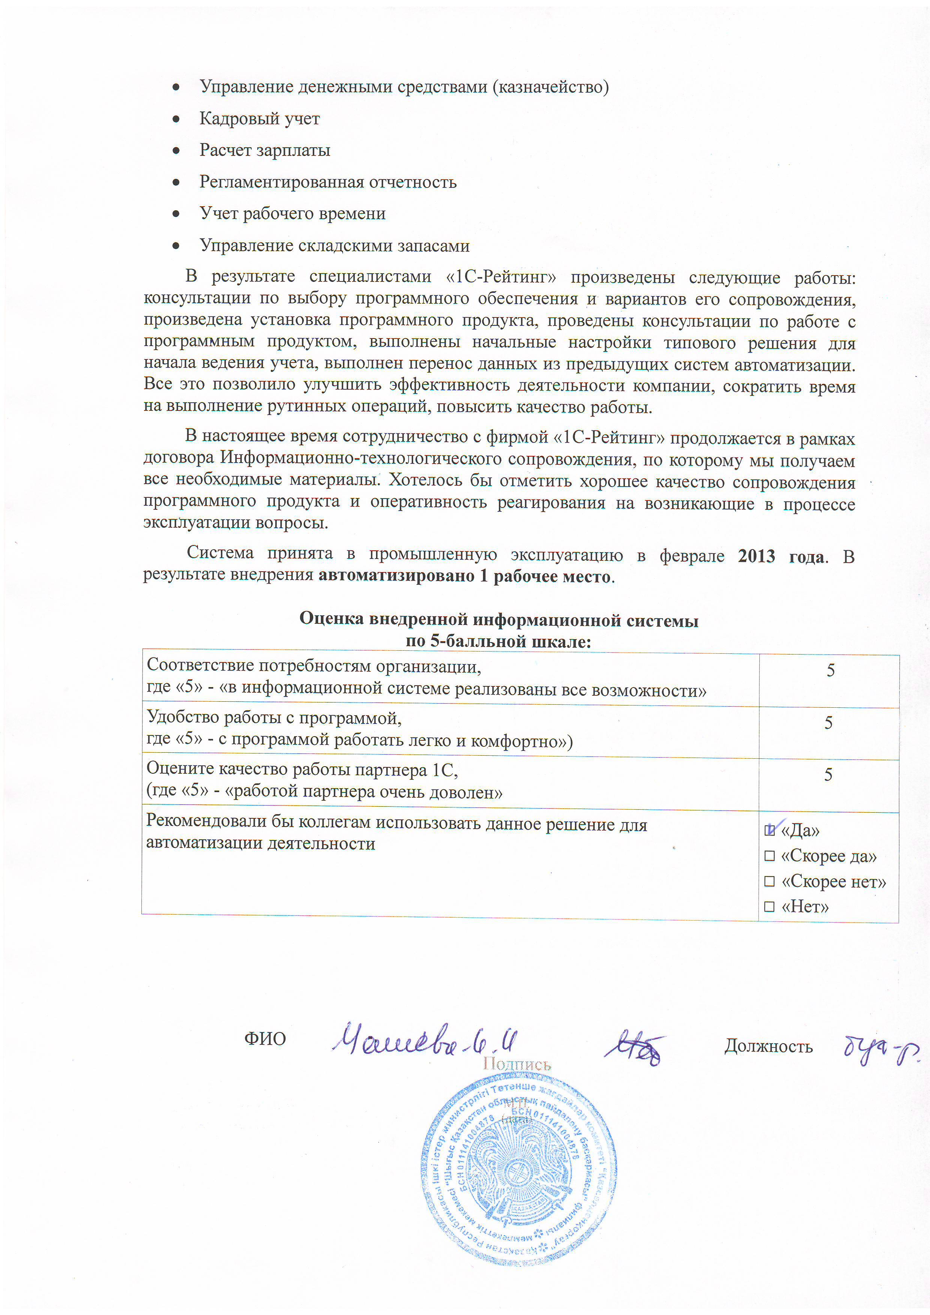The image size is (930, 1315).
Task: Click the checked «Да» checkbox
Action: (x=769, y=830)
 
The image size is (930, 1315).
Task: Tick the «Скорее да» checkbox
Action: (x=769, y=856)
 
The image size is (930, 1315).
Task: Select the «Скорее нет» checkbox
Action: (x=769, y=881)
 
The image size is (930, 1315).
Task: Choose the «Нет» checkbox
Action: (x=769, y=907)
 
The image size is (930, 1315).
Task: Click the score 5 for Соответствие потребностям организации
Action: (x=830, y=670)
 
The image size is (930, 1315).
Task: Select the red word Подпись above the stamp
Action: (x=517, y=1064)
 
